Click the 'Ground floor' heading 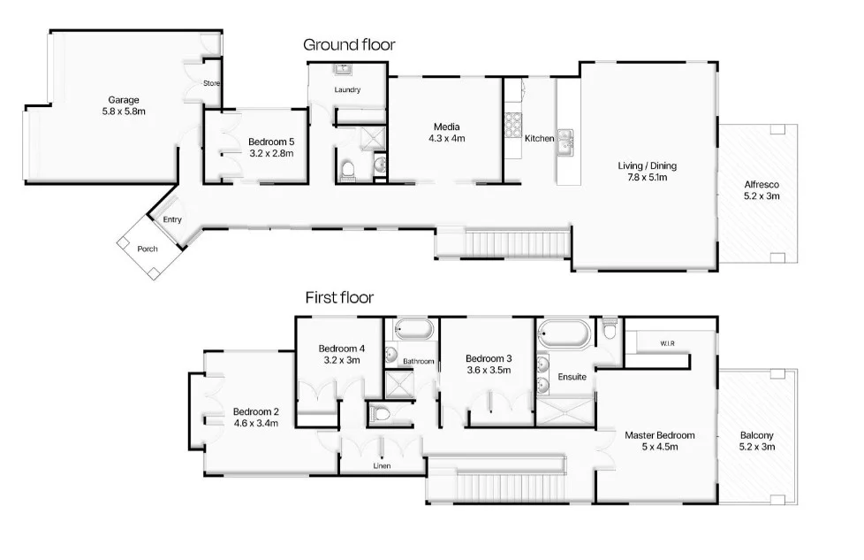coord(349,44)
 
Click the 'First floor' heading coord(339,297)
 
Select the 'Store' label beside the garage coord(211,84)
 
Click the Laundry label coord(347,90)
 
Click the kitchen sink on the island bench coord(565,140)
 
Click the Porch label coord(148,249)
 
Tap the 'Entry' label coord(171,219)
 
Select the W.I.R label coord(668,342)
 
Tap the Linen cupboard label coord(382,465)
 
